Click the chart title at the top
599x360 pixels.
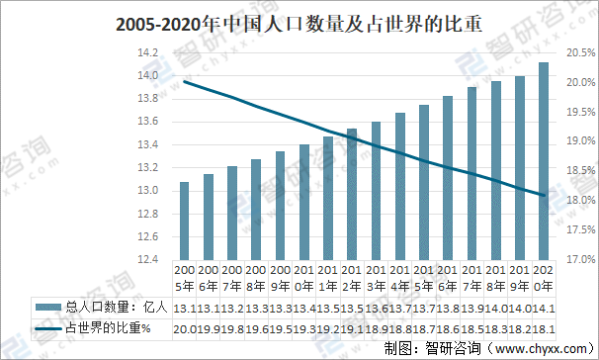[x=299, y=24]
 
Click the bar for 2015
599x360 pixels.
[x=423, y=182]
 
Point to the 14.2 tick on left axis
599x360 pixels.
[x=147, y=53]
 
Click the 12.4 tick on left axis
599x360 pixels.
[x=147, y=259]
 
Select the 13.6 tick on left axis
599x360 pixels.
[x=147, y=122]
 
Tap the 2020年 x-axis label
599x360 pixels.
[x=543, y=278]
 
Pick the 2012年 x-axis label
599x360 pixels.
[x=351, y=278]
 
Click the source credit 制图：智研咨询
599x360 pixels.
[x=433, y=347]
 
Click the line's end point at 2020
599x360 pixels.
[x=543, y=195]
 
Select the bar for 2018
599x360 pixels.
[x=495, y=170]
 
